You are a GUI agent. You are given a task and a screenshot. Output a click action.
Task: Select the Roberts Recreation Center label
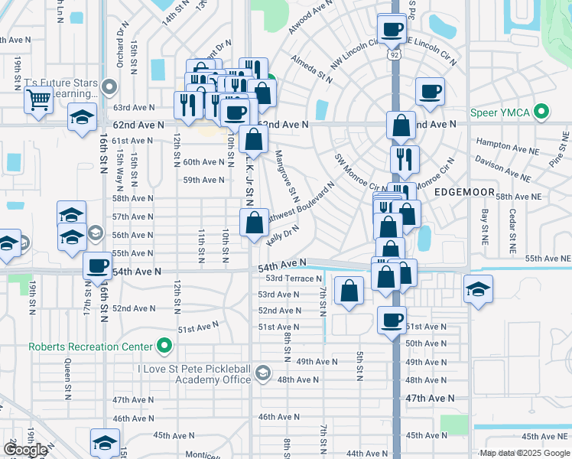pos(85,347)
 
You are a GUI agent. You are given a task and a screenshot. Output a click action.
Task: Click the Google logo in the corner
pos(26,450)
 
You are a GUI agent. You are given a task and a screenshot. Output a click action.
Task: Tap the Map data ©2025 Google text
pos(524,454)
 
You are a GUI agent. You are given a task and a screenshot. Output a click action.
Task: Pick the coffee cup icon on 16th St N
pos(98,265)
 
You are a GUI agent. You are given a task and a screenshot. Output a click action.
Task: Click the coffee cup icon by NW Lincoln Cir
pos(392,29)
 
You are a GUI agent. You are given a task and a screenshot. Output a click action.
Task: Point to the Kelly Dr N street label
pos(283,235)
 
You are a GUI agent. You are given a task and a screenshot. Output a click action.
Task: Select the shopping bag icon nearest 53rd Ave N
pos(349,291)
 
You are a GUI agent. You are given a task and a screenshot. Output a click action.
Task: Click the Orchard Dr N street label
pos(121,45)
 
